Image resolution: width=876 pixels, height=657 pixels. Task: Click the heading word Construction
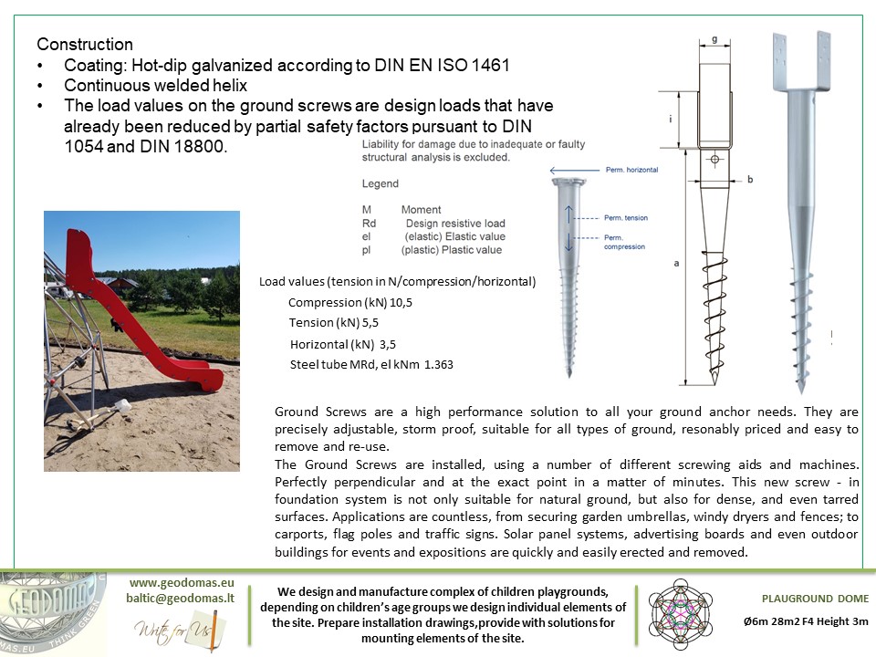[85, 45]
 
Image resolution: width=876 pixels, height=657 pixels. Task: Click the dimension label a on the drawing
[676, 263]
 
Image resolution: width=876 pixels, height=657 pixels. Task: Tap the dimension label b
[749, 180]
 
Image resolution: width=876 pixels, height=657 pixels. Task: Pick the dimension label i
[671, 119]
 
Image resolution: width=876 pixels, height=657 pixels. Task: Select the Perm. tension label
[626, 218]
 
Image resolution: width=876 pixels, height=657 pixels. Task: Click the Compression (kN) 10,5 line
[350, 302]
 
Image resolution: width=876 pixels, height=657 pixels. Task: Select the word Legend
[381, 183]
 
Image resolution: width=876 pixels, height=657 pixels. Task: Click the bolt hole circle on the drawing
[714, 161]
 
